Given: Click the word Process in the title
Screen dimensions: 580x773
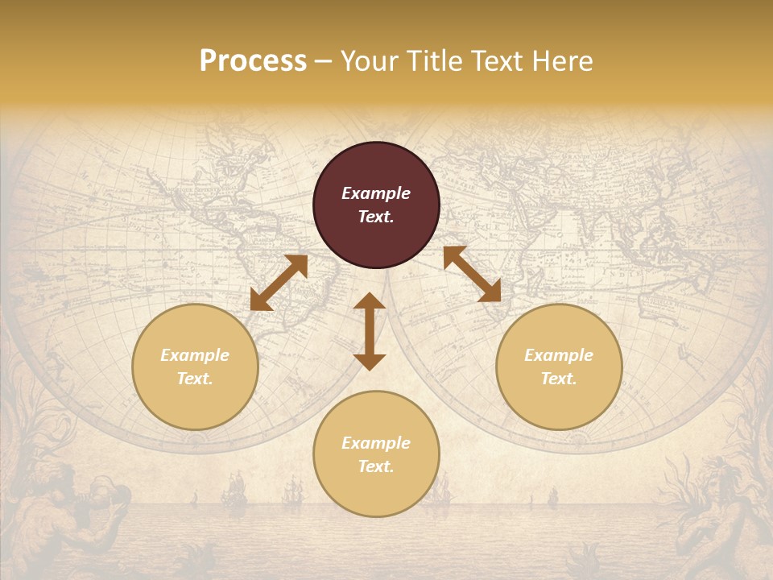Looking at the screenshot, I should (253, 61).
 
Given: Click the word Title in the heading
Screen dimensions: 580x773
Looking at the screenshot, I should (434, 61).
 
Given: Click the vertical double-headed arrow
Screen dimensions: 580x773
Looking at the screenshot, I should (370, 332).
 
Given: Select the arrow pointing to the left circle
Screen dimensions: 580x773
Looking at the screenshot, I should (279, 283).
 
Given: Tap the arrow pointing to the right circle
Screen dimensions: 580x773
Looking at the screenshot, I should (472, 274).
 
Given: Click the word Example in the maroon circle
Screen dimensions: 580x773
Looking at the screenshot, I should (376, 193).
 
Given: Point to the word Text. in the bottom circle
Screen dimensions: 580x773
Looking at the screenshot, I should (376, 466).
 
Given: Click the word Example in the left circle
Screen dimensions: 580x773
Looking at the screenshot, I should (195, 355).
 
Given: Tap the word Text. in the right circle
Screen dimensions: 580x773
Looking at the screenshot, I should (559, 379).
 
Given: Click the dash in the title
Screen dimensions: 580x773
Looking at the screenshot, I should (323, 61).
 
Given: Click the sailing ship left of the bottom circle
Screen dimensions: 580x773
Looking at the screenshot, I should (234, 490).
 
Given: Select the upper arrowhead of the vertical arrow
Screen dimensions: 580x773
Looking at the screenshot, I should (370, 301).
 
